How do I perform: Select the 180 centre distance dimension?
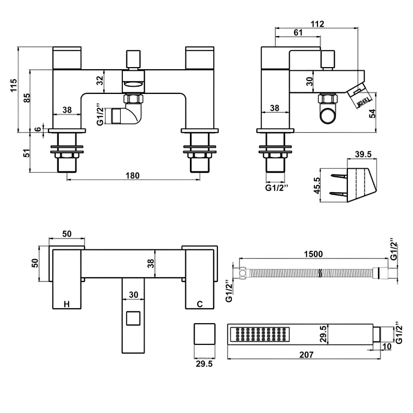tap(133, 175)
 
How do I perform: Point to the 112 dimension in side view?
tap(317, 23)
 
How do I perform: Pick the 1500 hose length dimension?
tap(313, 253)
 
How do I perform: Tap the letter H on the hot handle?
tap(67, 304)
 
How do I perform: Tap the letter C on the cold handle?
tap(200, 304)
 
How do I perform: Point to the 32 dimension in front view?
tap(99, 81)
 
